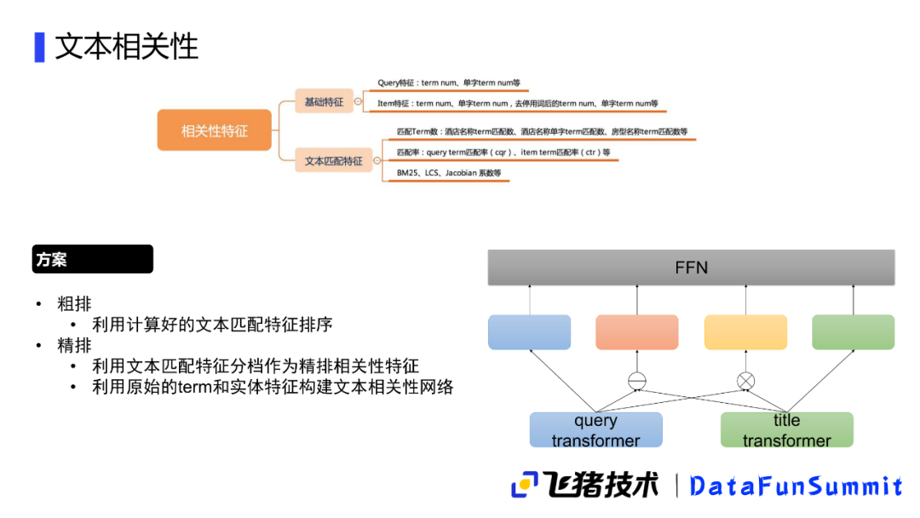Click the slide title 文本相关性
[x=126, y=47]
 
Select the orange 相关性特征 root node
[x=215, y=130]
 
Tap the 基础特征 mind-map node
[x=324, y=101]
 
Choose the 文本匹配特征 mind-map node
[x=334, y=160]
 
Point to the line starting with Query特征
[x=448, y=83]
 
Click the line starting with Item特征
[x=517, y=104]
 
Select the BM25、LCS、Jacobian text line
[x=449, y=173]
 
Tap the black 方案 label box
[x=93, y=259]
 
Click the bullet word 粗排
[x=75, y=304]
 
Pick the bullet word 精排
[x=75, y=345]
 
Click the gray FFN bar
[x=691, y=268]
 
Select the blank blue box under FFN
[x=529, y=332]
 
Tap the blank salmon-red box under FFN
[x=637, y=332]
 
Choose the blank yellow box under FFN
[x=745, y=332]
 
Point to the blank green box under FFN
[x=853, y=332]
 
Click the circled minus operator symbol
[x=637, y=380]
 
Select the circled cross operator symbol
[x=745, y=380]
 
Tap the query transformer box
[x=595, y=430]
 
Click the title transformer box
[x=786, y=430]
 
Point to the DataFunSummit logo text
[x=796, y=486]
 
